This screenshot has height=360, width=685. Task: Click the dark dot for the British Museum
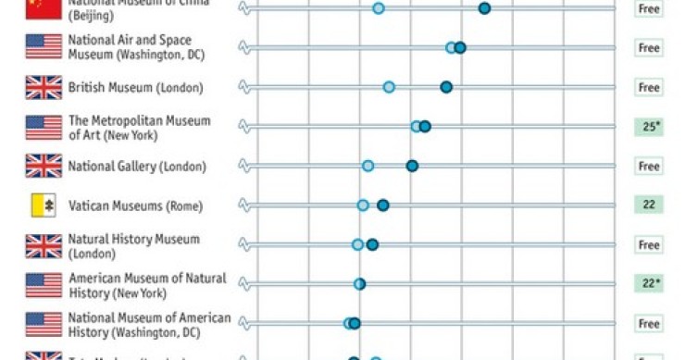[446, 87]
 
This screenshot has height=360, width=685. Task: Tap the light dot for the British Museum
[389, 87]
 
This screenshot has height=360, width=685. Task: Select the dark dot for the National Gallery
[412, 166]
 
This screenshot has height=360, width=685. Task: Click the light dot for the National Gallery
[367, 166]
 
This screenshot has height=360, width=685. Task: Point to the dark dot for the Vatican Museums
[382, 205]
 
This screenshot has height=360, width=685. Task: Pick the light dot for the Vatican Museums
[363, 205]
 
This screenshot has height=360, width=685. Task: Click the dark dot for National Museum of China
[484, 8]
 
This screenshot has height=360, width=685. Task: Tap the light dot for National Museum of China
[378, 8]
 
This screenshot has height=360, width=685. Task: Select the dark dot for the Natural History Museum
[372, 245]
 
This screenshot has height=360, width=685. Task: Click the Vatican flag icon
[44, 205]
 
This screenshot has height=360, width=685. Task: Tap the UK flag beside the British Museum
[44, 88]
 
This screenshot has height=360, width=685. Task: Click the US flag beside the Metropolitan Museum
[44, 127]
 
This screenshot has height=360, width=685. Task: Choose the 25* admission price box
[649, 127]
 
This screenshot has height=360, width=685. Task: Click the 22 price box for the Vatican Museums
[649, 205]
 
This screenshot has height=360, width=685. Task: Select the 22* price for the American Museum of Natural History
[649, 284]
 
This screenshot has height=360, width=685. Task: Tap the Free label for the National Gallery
[649, 167]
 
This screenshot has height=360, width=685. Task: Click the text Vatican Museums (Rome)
[135, 205]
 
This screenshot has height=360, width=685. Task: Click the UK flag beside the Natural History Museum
[44, 245]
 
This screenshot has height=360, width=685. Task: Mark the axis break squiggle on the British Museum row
[245, 87]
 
